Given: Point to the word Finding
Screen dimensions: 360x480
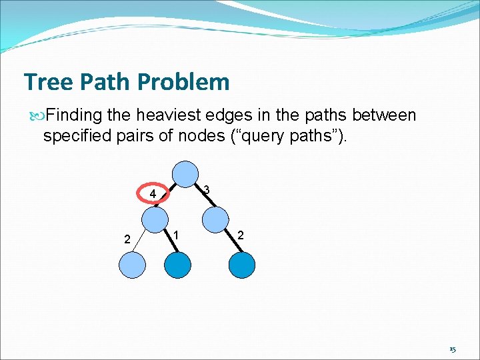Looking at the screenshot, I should [75, 115].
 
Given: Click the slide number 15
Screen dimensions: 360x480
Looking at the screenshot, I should [452, 349].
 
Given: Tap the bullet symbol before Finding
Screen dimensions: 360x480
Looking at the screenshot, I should [35, 116].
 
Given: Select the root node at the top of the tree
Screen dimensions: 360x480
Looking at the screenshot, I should [186, 174].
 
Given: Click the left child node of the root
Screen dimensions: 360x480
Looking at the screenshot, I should [155, 219].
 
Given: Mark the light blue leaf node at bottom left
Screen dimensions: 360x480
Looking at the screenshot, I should [131, 265].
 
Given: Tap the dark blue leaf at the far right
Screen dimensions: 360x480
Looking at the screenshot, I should [241, 265].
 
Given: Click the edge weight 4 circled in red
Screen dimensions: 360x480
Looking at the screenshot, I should [153, 195].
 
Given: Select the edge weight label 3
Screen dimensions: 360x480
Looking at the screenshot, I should [207, 191].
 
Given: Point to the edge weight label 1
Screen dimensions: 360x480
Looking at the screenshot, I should [175, 235].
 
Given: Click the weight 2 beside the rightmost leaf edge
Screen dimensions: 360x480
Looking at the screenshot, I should [241, 235].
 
